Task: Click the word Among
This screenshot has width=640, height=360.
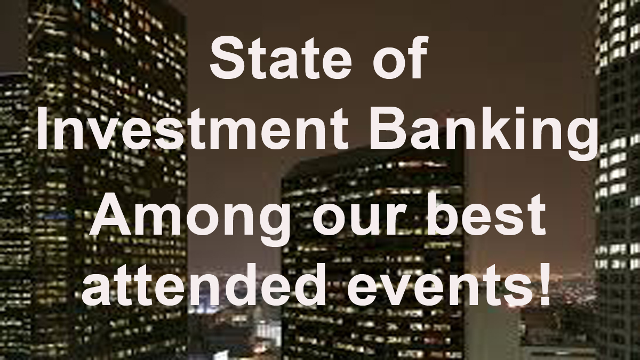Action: point(189,219)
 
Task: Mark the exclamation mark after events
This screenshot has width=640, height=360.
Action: point(542,283)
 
